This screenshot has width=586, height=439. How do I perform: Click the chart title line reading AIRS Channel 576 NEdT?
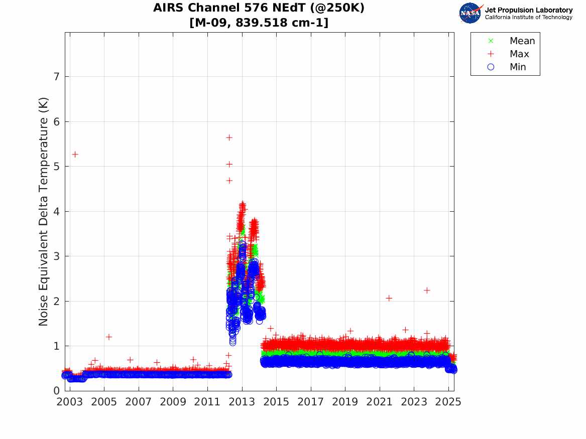tap(259, 8)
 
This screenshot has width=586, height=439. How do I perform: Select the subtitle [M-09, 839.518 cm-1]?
tap(259, 23)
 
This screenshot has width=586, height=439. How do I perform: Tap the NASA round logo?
tap(470, 13)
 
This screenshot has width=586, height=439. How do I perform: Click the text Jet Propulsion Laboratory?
tap(528, 10)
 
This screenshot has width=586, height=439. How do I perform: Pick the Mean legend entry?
tap(522, 41)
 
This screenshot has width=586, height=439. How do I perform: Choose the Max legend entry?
tap(519, 54)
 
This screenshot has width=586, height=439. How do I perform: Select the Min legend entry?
tap(518, 67)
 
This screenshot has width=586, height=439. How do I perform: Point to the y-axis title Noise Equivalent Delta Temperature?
tap(44, 212)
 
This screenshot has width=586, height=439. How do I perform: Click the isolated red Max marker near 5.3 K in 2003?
tap(75, 154)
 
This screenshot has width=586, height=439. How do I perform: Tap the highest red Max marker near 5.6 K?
tap(229, 137)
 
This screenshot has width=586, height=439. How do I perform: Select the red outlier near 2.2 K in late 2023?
tap(427, 290)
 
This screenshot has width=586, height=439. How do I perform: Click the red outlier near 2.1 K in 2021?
tap(389, 298)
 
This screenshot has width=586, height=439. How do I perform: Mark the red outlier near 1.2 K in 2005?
tap(109, 337)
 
